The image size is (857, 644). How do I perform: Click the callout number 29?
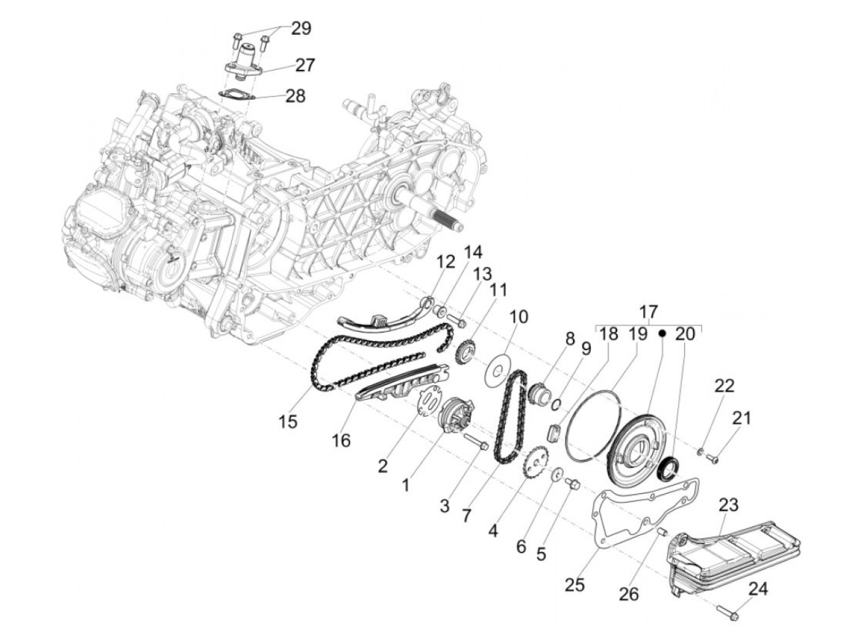pyautogui.click(x=301, y=28)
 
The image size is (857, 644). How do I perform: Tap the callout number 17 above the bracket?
pyautogui.click(x=648, y=313)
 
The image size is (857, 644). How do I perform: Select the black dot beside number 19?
pyautogui.click(x=662, y=334)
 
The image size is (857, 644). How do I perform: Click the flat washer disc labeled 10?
pyautogui.click(x=497, y=370)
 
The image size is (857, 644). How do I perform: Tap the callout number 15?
pyautogui.click(x=288, y=421)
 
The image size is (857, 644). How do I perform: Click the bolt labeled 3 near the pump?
pyautogui.click(x=476, y=441)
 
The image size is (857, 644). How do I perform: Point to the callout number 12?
pyautogui.click(x=446, y=262)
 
